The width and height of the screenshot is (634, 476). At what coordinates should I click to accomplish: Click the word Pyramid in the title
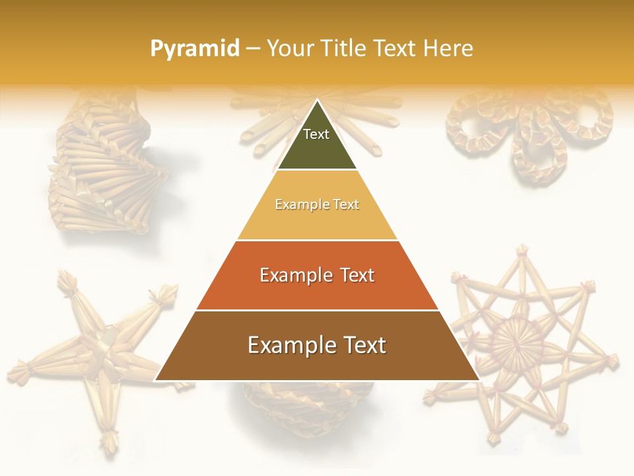pyautogui.click(x=194, y=49)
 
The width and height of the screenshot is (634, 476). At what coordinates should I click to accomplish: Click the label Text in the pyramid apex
pyautogui.click(x=316, y=134)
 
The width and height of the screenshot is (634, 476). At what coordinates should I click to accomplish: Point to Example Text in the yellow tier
pyautogui.click(x=317, y=204)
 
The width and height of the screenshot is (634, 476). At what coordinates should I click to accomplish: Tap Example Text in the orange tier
pyautogui.click(x=317, y=275)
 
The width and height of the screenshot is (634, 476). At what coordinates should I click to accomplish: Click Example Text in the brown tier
pyautogui.click(x=317, y=345)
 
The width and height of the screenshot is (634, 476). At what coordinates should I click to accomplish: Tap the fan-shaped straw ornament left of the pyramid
pyautogui.click(x=99, y=172)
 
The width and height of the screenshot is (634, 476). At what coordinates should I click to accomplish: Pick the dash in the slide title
pyautogui.click(x=253, y=49)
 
